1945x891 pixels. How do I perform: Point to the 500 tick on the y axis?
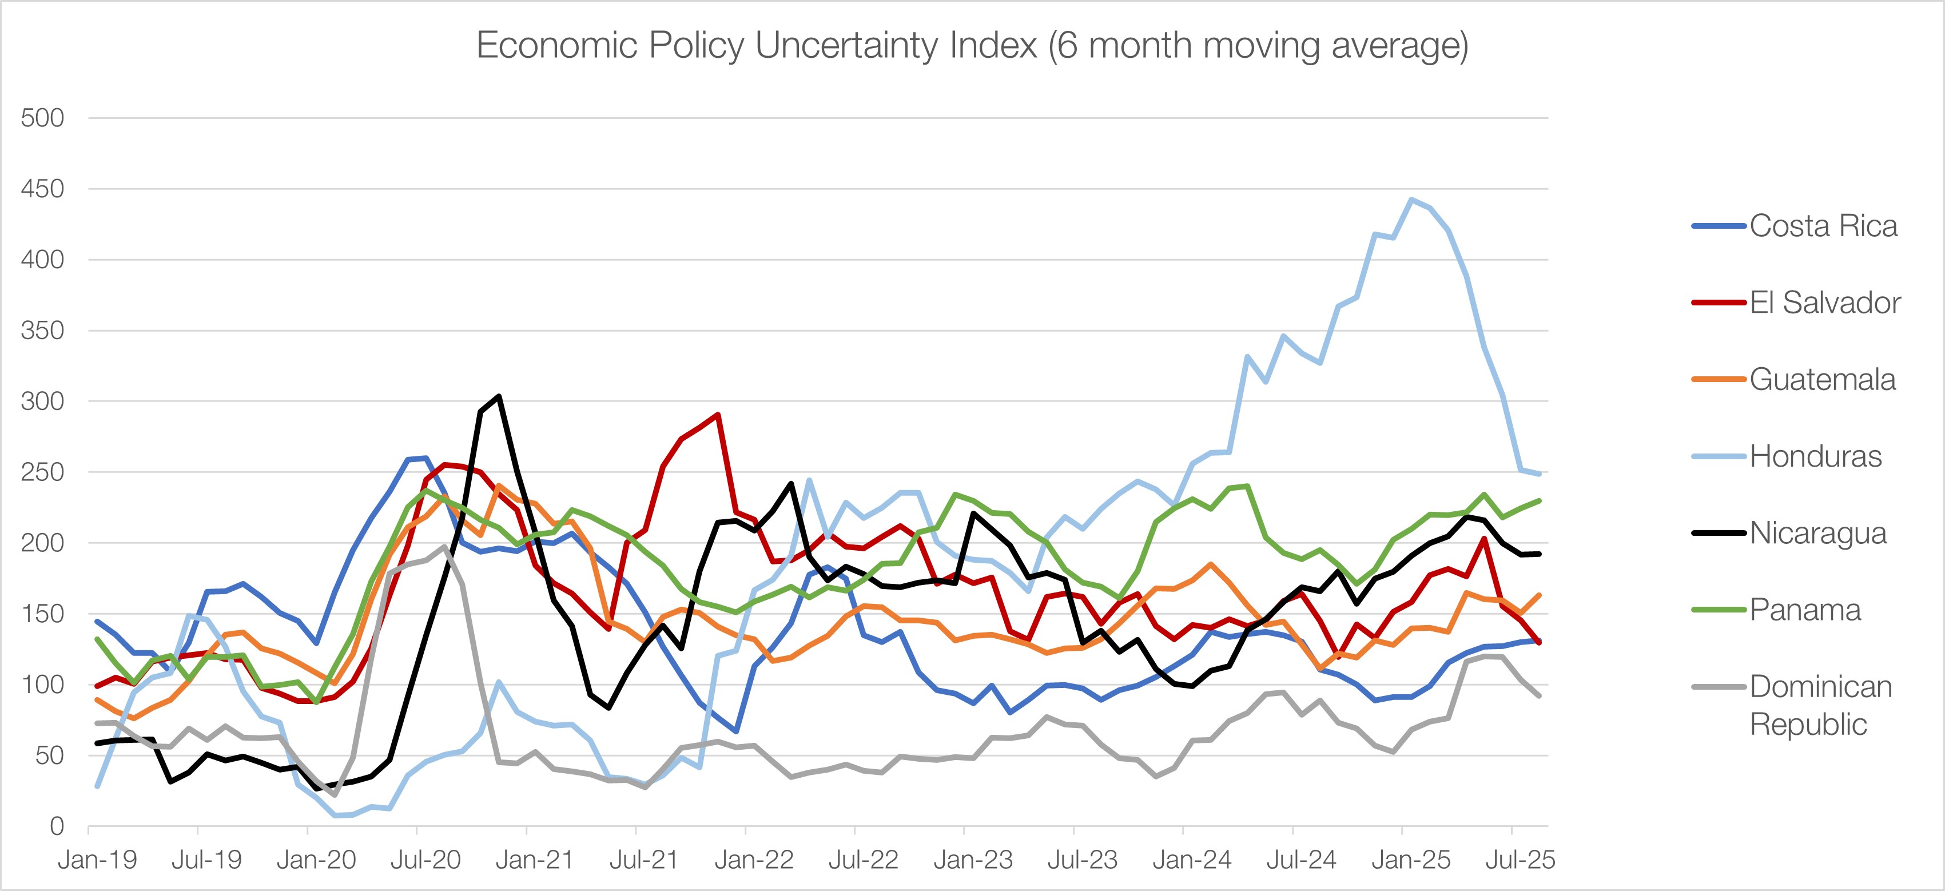tap(42, 118)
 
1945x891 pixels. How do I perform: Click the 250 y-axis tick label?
tap(42, 472)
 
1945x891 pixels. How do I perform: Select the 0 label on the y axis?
tap(57, 826)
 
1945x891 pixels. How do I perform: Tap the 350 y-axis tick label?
tap(42, 331)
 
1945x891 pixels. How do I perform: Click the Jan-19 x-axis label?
tap(97, 860)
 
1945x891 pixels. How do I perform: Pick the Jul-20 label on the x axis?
tap(425, 860)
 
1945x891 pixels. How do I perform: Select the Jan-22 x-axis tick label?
tap(754, 860)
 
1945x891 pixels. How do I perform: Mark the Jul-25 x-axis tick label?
tap(1520, 860)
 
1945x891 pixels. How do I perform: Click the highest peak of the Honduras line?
tap(1411, 200)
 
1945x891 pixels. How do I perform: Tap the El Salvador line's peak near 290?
tap(717, 414)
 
